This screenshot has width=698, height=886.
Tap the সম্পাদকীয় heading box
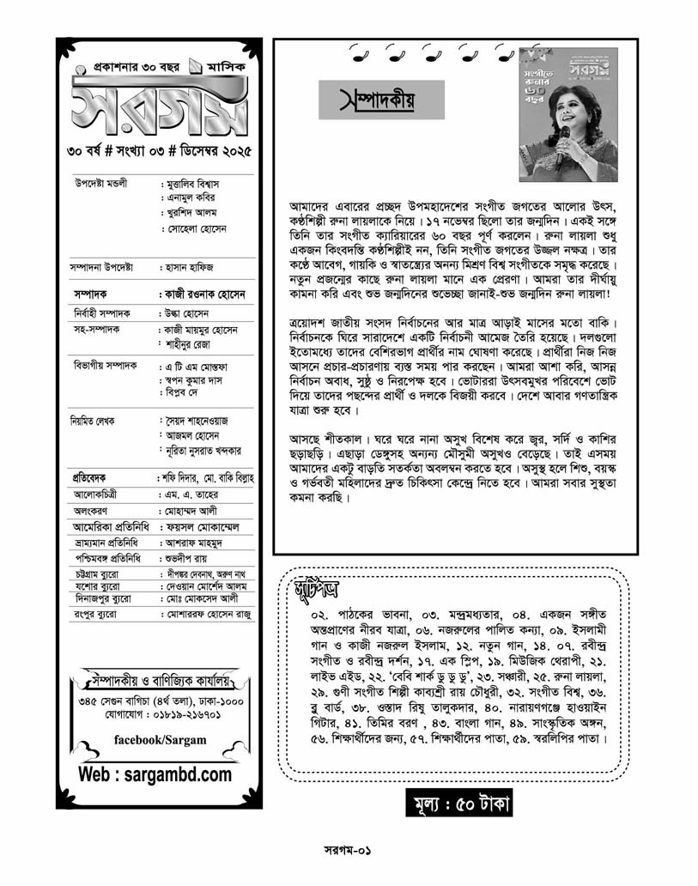tap(381, 100)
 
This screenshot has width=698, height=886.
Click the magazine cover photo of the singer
tap(568, 114)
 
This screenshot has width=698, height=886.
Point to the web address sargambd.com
tap(155, 774)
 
